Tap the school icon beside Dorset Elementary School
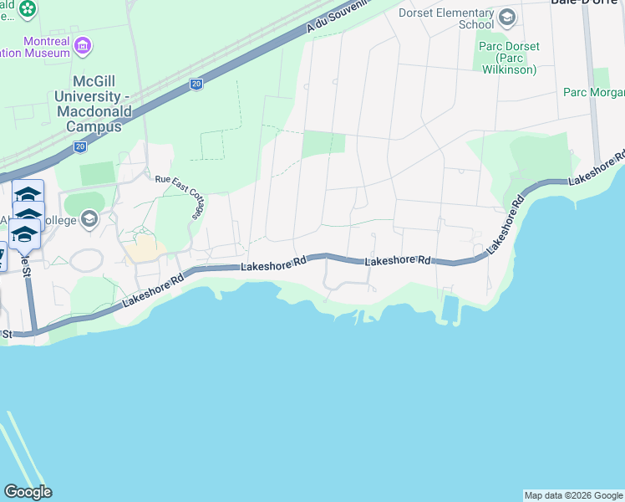[x=506, y=17]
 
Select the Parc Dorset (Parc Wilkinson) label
[x=509, y=58]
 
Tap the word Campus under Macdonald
[x=97, y=126]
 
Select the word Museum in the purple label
[x=47, y=53]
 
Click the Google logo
[x=28, y=492]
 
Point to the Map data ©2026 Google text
[x=573, y=495]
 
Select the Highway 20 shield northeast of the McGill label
[x=196, y=84]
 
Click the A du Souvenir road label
[x=338, y=15]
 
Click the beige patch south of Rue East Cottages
[x=145, y=247]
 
